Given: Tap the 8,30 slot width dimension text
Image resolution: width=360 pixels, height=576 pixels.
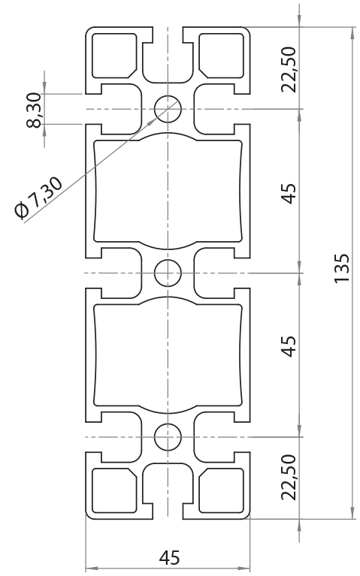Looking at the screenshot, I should coord(34,110).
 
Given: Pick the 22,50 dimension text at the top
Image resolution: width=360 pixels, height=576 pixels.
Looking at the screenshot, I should coord(289,68).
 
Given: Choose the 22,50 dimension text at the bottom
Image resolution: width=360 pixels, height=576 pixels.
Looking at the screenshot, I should coord(289,476).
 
